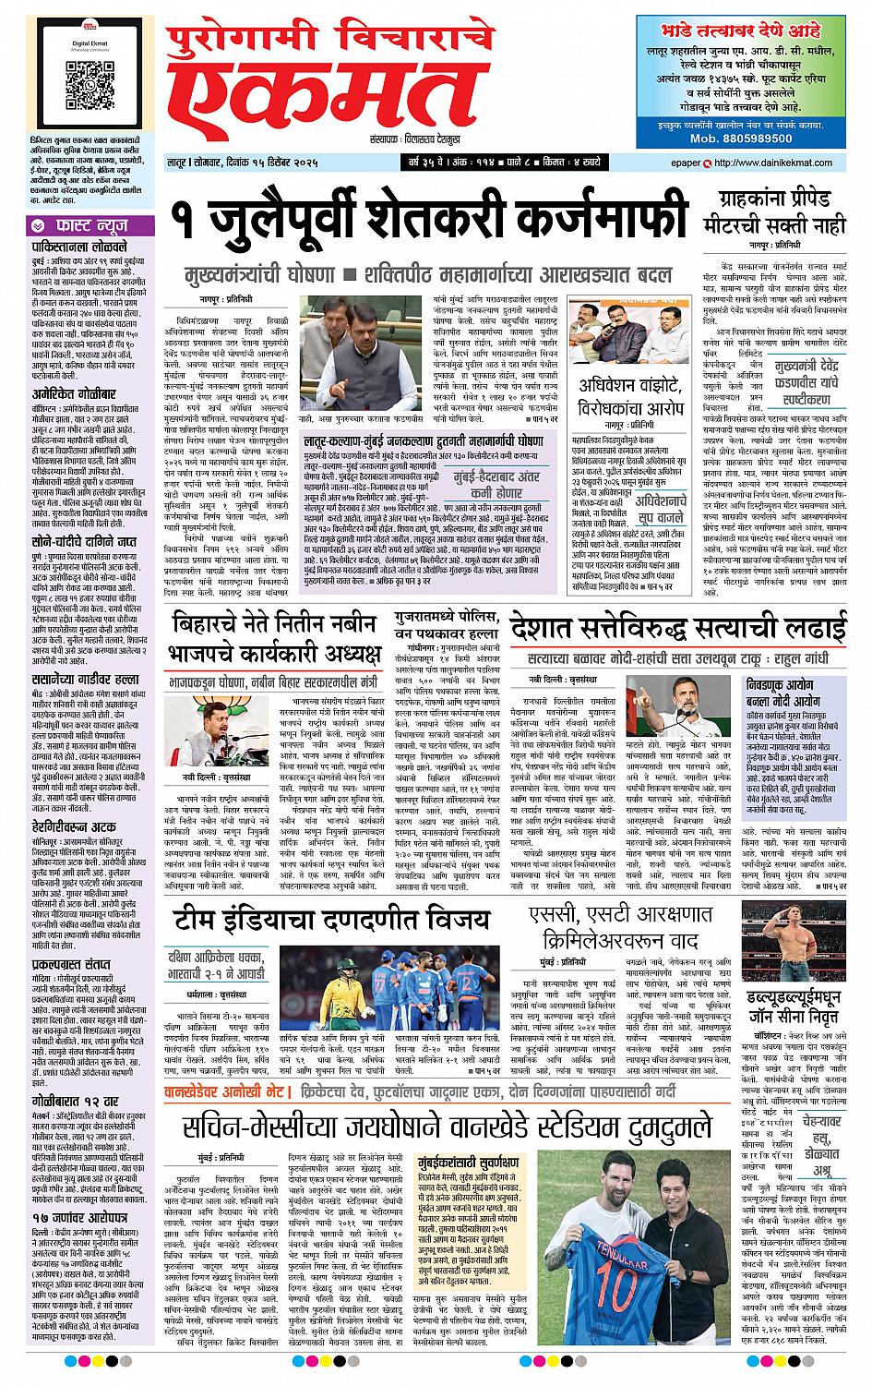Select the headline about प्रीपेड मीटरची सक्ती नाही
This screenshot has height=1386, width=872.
coord(777,209)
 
